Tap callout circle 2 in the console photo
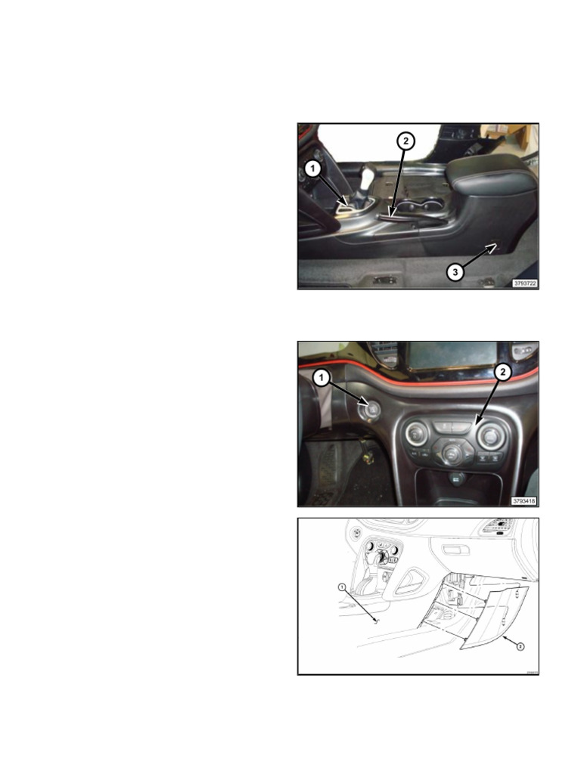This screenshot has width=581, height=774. [x=405, y=141]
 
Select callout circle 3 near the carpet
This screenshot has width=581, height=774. [x=454, y=272]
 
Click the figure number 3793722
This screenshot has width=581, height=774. [x=524, y=283]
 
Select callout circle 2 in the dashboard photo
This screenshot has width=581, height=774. [x=502, y=372]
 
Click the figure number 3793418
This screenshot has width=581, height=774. [x=524, y=500]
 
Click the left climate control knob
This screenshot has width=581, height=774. [x=417, y=435]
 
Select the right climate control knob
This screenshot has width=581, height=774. [x=490, y=435]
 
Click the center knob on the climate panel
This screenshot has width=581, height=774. [x=452, y=452]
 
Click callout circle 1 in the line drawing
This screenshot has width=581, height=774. [x=342, y=587]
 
